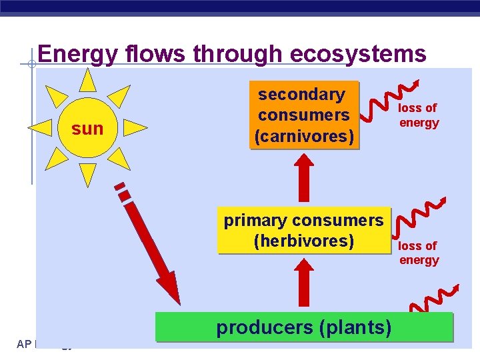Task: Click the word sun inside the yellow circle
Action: coord(87,129)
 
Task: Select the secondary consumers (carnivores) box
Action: coord(304,115)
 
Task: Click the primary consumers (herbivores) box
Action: coord(303,231)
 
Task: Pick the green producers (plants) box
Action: coord(303,327)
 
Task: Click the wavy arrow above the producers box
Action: coord(433,300)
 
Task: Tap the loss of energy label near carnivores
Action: coord(419,115)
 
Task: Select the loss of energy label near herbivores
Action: coord(419,253)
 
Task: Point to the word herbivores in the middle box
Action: coord(304,240)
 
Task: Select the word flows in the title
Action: coord(150,54)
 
